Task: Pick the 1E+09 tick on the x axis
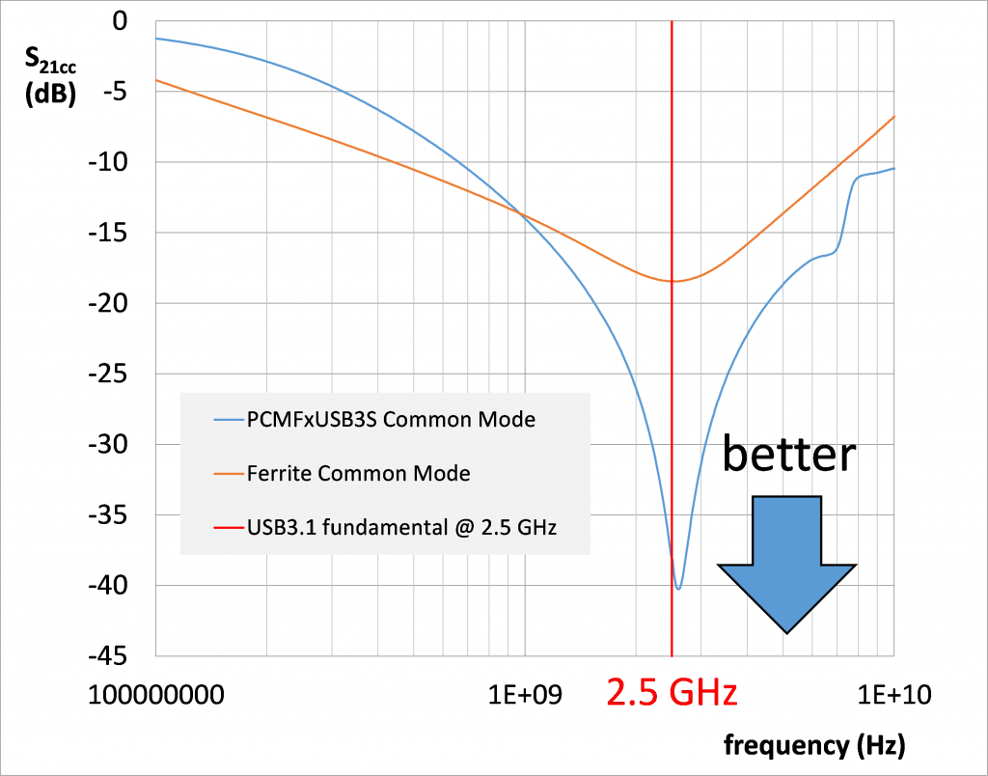524,694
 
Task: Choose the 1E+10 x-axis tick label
892,694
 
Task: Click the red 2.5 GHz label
672,693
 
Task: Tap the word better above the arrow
789,455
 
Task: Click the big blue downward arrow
787,565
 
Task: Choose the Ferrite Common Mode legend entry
359,473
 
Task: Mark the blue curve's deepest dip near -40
678,588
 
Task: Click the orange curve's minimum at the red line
672,281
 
